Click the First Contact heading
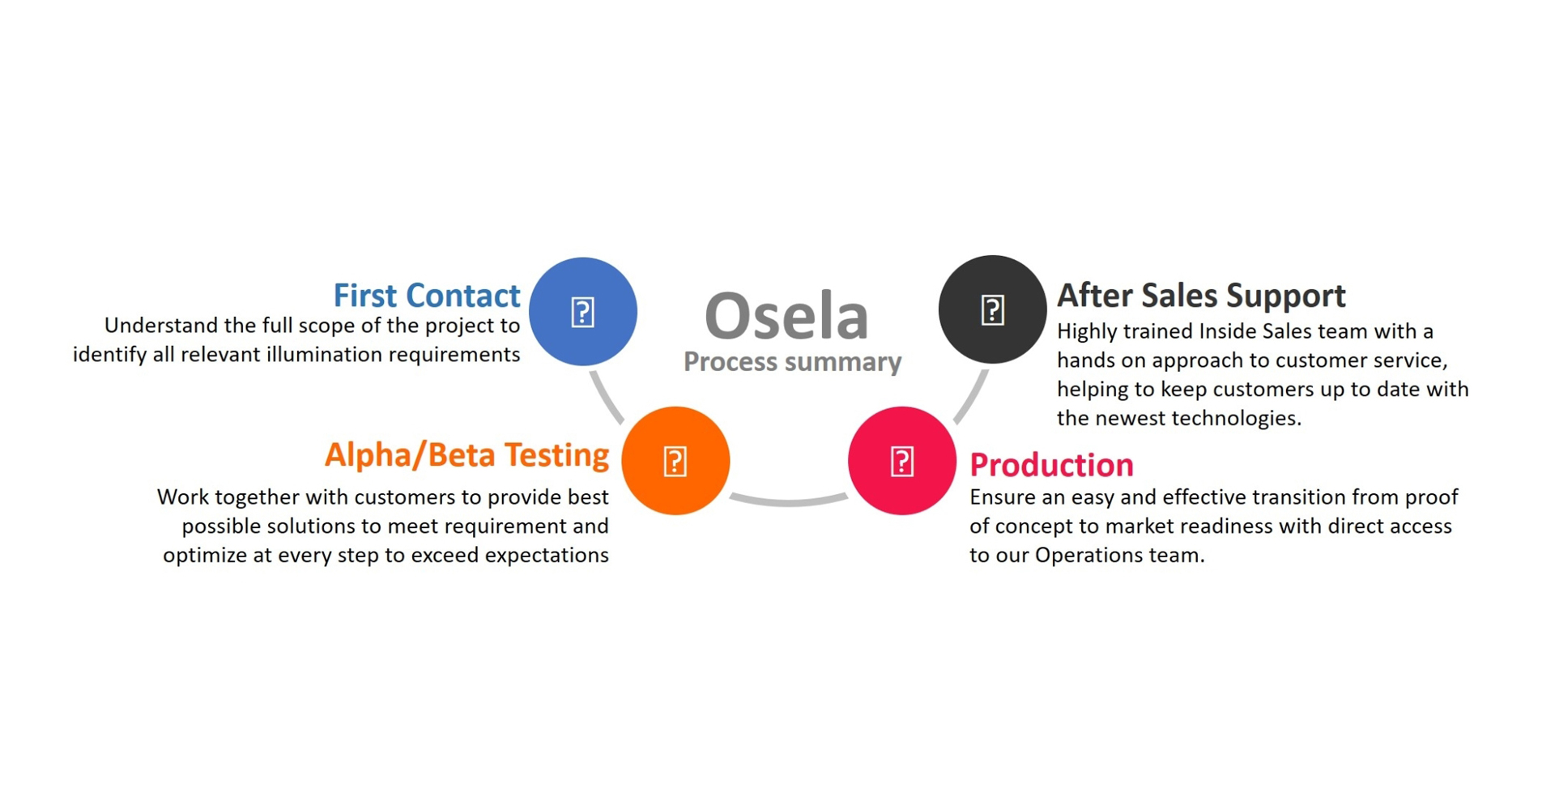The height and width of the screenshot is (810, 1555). coord(426,296)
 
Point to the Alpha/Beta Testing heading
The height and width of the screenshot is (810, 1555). coord(466,455)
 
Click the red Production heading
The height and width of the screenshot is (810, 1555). coord(1051,465)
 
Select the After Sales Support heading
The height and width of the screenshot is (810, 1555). coord(1201,296)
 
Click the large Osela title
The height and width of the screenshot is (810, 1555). coord(786,316)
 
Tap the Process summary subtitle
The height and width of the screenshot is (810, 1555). coord(792,361)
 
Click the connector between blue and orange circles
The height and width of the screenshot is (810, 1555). coord(607,398)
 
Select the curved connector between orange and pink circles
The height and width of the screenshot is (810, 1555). coord(788,501)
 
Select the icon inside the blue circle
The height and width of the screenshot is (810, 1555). coord(583,312)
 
